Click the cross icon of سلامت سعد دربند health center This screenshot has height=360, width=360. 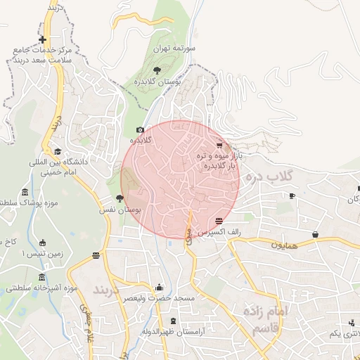click(x=43, y=39)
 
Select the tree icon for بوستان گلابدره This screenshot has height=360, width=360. click(x=156, y=70)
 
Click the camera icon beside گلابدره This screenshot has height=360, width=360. click(x=140, y=130)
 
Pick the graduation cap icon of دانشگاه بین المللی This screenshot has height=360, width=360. click(x=58, y=150)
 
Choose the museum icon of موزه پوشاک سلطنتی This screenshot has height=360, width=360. click(x=25, y=193)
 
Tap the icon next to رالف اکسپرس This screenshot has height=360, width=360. click(x=219, y=221)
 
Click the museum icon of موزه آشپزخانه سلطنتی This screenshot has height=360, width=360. click(x=42, y=277)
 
